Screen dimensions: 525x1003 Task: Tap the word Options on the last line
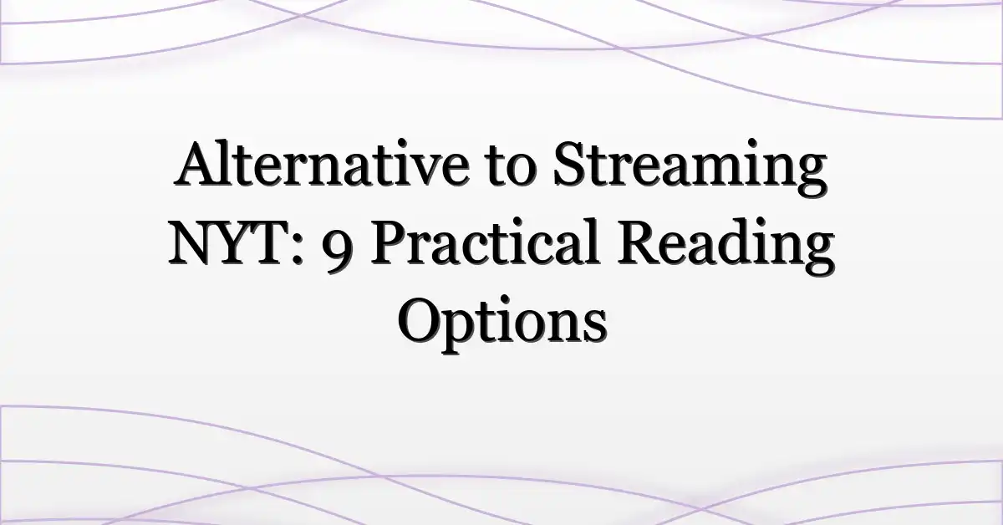pos(501,322)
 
